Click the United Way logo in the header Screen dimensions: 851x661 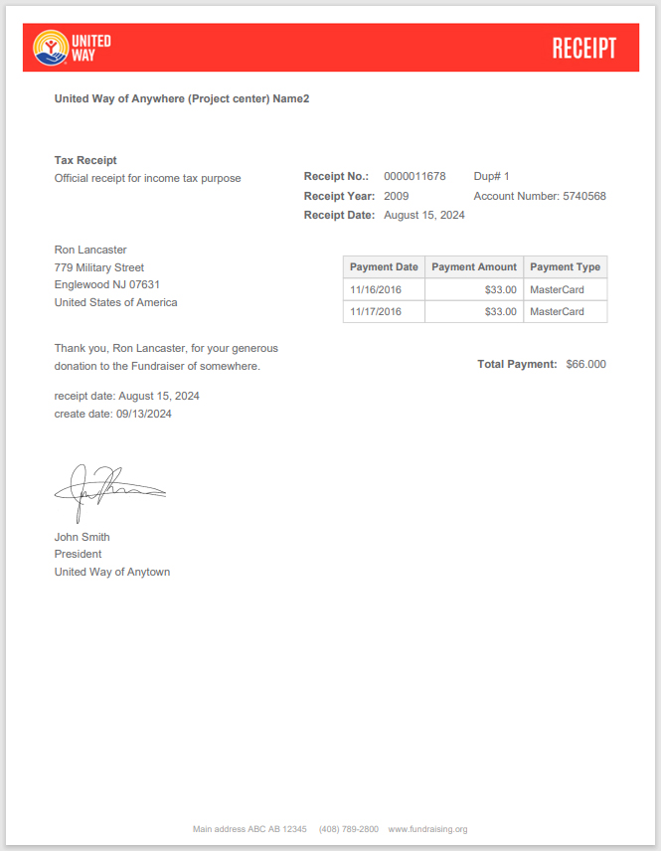pyautogui.click(x=72, y=47)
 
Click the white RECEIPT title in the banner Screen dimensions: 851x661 pyautogui.click(x=583, y=48)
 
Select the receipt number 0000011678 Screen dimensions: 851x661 pyautogui.click(x=414, y=176)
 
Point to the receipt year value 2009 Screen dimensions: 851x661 pyautogui.click(x=396, y=196)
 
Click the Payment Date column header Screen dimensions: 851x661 pyautogui.click(x=384, y=266)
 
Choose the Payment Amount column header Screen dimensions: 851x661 pyautogui.click(x=474, y=266)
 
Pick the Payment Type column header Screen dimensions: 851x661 pyautogui.click(x=565, y=266)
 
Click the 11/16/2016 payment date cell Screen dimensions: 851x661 pyautogui.click(x=376, y=289)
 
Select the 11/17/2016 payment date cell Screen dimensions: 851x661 pyautogui.click(x=376, y=311)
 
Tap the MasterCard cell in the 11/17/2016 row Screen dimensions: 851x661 pyautogui.click(x=557, y=311)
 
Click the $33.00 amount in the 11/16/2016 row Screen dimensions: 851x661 pyautogui.click(x=501, y=289)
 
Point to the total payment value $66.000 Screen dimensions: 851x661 pyautogui.click(x=585, y=364)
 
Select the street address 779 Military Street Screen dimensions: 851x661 pyautogui.click(x=99, y=267)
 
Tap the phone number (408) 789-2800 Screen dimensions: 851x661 pyautogui.click(x=348, y=829)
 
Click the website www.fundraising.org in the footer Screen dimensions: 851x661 pyautogui.click(x=427, y=829)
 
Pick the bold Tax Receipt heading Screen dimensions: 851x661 pyautogui.click(x=85, y=160)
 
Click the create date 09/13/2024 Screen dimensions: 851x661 pyautogui.click(x=143, y=414)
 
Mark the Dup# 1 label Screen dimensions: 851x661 pyautogui.click(x=491, y=176)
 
